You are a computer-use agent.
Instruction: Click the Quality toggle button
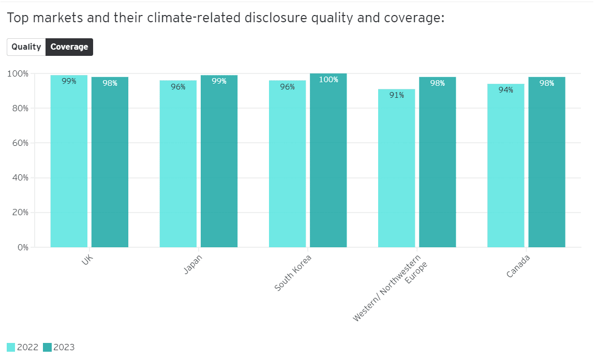26,47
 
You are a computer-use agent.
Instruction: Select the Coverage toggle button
69,47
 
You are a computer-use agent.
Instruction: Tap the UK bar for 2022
69,166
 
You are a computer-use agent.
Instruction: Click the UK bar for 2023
110,166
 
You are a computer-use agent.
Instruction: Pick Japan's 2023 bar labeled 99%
219,166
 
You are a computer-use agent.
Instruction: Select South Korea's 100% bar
328,166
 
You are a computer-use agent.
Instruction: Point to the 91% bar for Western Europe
396,171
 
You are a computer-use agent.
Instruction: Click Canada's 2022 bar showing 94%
505,168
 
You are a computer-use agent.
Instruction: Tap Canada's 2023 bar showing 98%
547,166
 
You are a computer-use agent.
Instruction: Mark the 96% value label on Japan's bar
178,87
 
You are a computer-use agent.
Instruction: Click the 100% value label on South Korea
328,80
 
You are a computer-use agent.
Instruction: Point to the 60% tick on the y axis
20,143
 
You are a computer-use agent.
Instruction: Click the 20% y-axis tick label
20,213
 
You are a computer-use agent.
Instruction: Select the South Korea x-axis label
293,272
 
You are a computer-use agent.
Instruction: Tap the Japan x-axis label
193,264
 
